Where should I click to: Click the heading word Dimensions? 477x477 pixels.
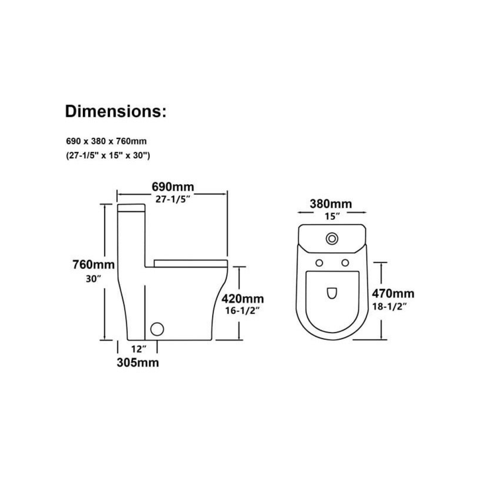click(115, 111)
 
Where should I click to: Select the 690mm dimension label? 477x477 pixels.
click(173, 186)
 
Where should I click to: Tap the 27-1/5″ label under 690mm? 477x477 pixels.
click(173, 199)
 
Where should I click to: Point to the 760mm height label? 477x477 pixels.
click(93, 264)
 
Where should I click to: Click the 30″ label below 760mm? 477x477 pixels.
click(93, 279)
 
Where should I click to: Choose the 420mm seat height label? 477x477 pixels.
click(242, 299)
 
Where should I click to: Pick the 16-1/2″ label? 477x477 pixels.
click(242, 311)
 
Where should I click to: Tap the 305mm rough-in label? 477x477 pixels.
click(138, 362)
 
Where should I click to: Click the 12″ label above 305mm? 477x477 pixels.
click(139, 349)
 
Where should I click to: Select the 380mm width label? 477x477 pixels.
click(331, 203)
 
